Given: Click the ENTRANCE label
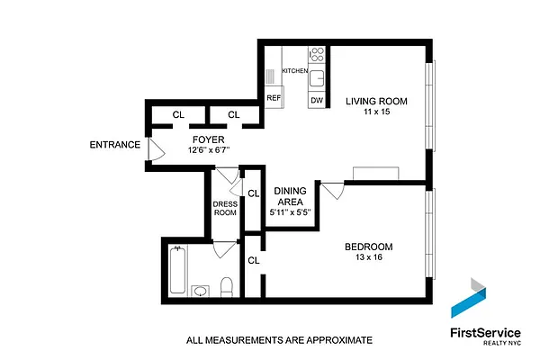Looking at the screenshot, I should (114, 145).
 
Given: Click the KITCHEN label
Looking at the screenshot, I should (295, 70).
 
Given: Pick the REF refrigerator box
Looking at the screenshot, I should (274, 99).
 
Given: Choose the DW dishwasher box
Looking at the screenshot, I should (316, 100).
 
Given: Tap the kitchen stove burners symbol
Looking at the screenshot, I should (316, 54).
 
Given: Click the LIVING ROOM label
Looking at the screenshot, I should (376, 102).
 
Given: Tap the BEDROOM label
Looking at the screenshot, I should (370, 247).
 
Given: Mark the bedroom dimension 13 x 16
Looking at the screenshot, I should (370, 259).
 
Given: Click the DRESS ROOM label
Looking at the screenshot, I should (225, 209).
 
